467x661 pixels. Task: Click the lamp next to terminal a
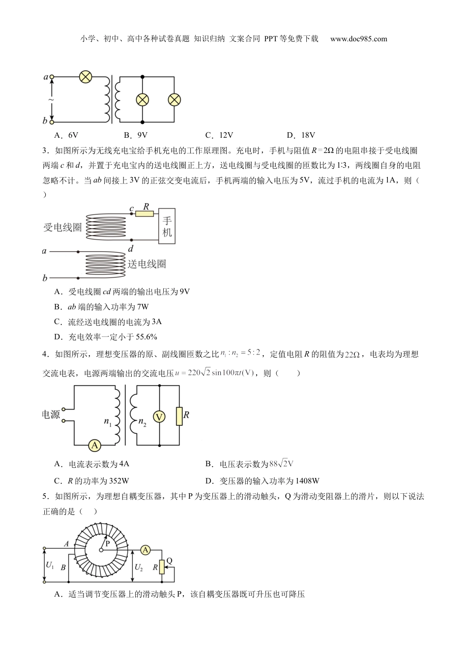click(x=86, y=77)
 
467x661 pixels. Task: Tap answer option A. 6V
click(x=66, y=135)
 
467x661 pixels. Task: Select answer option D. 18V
click(x=301, y=135)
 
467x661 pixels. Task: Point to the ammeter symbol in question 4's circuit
click(x=94, y=445)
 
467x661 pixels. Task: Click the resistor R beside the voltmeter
click(x=179, y=416)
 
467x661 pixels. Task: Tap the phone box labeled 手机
click(x=167, y=226)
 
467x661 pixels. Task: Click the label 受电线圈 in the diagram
click(x=62, y=227)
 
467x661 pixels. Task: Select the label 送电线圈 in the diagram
click(x=147, y=264)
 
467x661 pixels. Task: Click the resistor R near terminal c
click(x=144, y=214)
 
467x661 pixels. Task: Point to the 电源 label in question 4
click(x=51, y=415)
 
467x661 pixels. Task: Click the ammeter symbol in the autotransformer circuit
click(x=145, y=550)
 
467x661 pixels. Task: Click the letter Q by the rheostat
click(x=169, y=561)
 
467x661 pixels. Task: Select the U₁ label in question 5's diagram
click(x=50, y=566)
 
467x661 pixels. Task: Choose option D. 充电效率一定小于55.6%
click(x=106, y=337)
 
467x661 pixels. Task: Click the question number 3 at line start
click(x=45, y=150)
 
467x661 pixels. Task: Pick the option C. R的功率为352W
click(x=91, y=481)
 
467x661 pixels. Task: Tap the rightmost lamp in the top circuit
click(x=175, y=100)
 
